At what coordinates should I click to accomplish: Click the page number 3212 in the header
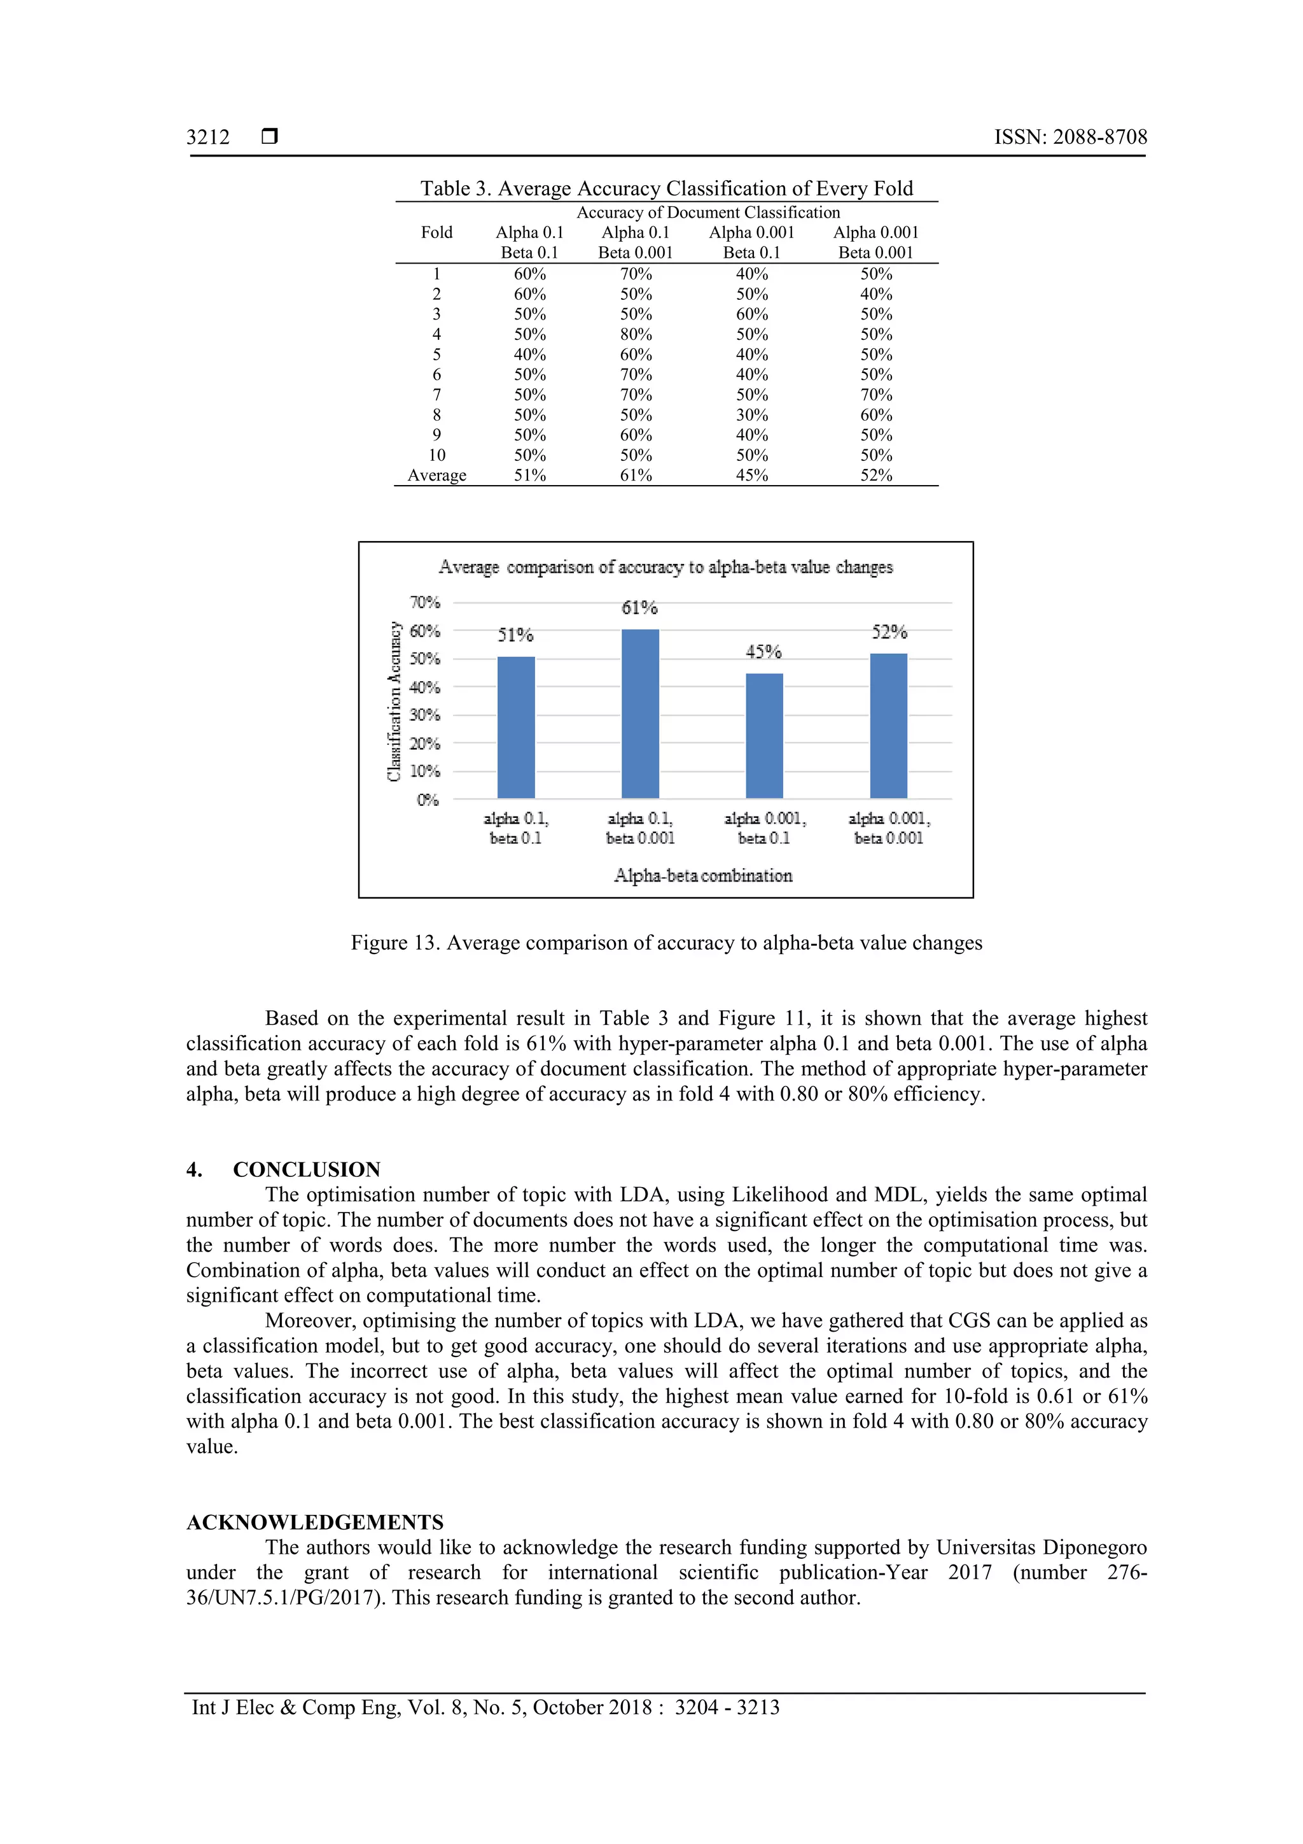(208, 137)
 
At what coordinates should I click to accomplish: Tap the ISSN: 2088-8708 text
(1070, 137)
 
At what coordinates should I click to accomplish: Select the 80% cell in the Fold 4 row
(635, 334)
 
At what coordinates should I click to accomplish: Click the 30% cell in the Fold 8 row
(751, 415)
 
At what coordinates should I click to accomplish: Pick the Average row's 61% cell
(635, 475)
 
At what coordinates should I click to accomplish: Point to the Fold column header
(436, 232)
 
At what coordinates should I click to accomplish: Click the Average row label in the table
(436, 475)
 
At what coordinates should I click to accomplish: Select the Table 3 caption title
(666, 189)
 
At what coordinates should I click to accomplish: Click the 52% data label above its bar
(889, 633)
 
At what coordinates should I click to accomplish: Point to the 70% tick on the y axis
(425, 602)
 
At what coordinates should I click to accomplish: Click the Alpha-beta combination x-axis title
(702, 875)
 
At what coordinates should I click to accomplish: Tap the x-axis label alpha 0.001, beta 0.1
(763, 828)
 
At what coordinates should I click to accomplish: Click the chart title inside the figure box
(665, 567)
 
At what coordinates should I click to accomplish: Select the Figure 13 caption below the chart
(665, 943)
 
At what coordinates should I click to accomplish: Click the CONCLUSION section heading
(306, 1169)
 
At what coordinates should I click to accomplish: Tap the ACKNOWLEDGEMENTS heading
(315, 1522)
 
